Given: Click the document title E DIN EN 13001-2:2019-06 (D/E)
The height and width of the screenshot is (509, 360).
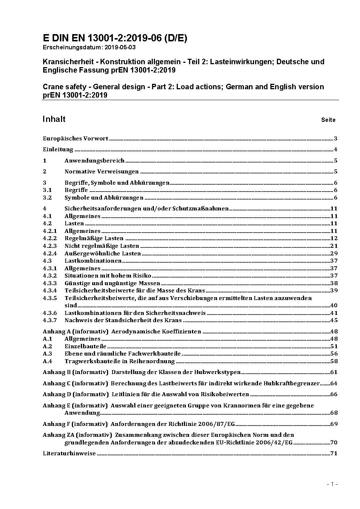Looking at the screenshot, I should point(115,38).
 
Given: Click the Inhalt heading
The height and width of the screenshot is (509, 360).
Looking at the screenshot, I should point(54,119).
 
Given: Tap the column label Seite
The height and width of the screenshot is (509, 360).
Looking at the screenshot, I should point(328,120).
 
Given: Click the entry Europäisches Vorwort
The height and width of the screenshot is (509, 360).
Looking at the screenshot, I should point(75,138).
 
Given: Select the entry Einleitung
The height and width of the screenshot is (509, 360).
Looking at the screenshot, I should point(58,149).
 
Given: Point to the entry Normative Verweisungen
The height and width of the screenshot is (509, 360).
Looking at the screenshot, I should point(102,172).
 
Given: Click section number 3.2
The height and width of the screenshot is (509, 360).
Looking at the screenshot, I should point(47,198).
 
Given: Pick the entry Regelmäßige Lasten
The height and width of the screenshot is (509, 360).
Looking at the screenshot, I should point(94,238).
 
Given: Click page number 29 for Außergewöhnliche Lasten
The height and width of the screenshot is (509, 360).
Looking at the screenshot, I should point(334,253).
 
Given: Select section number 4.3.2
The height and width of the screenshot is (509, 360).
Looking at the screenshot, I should point(50,276).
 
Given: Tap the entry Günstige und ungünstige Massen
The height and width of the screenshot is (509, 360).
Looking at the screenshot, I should point(112,283).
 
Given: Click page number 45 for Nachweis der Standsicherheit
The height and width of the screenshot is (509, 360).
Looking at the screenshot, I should point(334,320).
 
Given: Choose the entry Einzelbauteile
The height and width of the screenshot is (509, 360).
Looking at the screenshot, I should point(85,346).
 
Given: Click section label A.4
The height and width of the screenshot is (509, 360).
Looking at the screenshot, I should point(48,361).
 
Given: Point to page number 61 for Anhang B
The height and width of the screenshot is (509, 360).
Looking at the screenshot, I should point(334,372).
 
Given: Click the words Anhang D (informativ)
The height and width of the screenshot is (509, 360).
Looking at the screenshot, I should point(75,394).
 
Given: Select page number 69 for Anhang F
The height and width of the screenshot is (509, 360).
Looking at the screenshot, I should point(334,424).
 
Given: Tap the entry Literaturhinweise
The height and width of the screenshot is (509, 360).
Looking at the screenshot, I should point(69,453).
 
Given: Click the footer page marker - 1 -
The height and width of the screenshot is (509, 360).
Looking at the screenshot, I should point(332,484).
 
